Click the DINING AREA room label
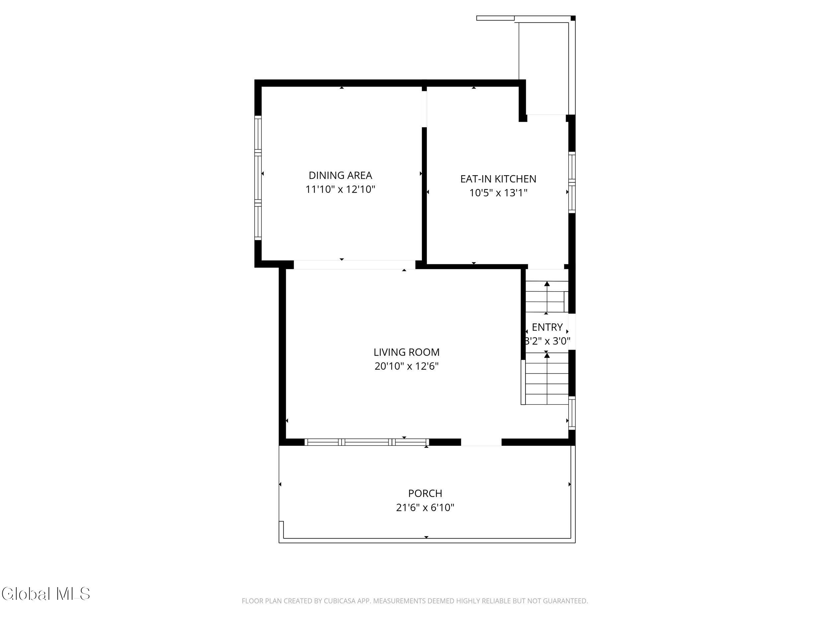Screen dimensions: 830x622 pos(340,175)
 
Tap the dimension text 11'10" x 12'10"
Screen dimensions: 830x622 pos(340,189)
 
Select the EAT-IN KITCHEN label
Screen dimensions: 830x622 pos(498,179)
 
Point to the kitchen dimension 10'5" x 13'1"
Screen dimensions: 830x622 pos(498,193)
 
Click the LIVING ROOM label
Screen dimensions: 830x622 pos(406,352)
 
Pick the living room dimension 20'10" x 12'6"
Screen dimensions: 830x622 pos(406,366)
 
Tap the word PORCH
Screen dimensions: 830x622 pos(425,493)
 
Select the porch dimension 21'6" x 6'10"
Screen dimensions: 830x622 pos(425,507)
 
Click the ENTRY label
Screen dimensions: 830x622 pos(547,327)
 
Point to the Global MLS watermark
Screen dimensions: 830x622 pos(46,593)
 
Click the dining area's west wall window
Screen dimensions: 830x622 pos(258,178)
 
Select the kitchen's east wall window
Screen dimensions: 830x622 pos(572,182)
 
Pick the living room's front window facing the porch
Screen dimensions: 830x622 pos(367,442)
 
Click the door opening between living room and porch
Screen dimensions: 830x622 pos(481,442)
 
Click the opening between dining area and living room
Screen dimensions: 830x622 pos(355,265)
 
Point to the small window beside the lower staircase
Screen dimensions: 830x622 pos(572,413)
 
